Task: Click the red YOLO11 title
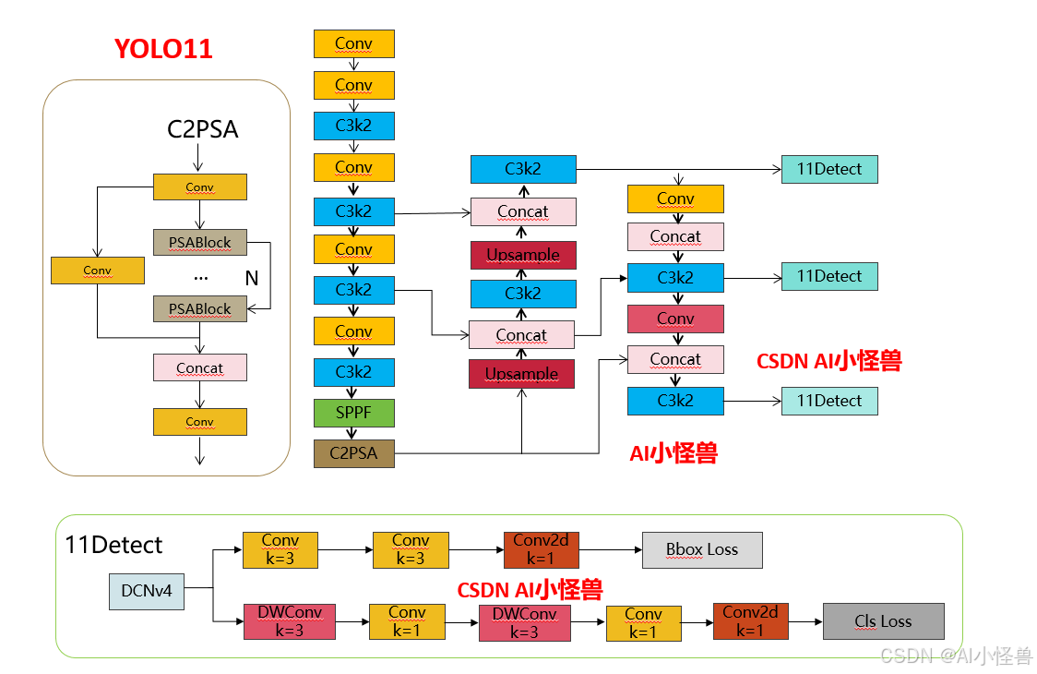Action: (163, 48)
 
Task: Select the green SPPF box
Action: (354, 413)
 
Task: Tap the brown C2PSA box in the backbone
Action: (354, 453)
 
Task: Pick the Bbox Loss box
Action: (702, 549)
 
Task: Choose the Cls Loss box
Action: (883, 621)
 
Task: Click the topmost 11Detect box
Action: (829, 169)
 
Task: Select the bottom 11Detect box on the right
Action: (829, 401)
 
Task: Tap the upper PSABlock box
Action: (200, 242)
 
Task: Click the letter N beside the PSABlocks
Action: (251, 277)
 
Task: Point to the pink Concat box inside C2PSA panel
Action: (200, 367)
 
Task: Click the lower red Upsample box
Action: (521, 374)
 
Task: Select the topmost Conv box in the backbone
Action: (354, 43)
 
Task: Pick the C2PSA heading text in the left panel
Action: (202, 129)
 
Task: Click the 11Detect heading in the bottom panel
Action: (114, 545)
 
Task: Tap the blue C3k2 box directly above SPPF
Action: (354, 372)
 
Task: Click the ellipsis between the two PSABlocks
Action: (200, 276)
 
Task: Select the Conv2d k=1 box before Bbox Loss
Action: (542, 549)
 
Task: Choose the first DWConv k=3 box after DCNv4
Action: (290, 622)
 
